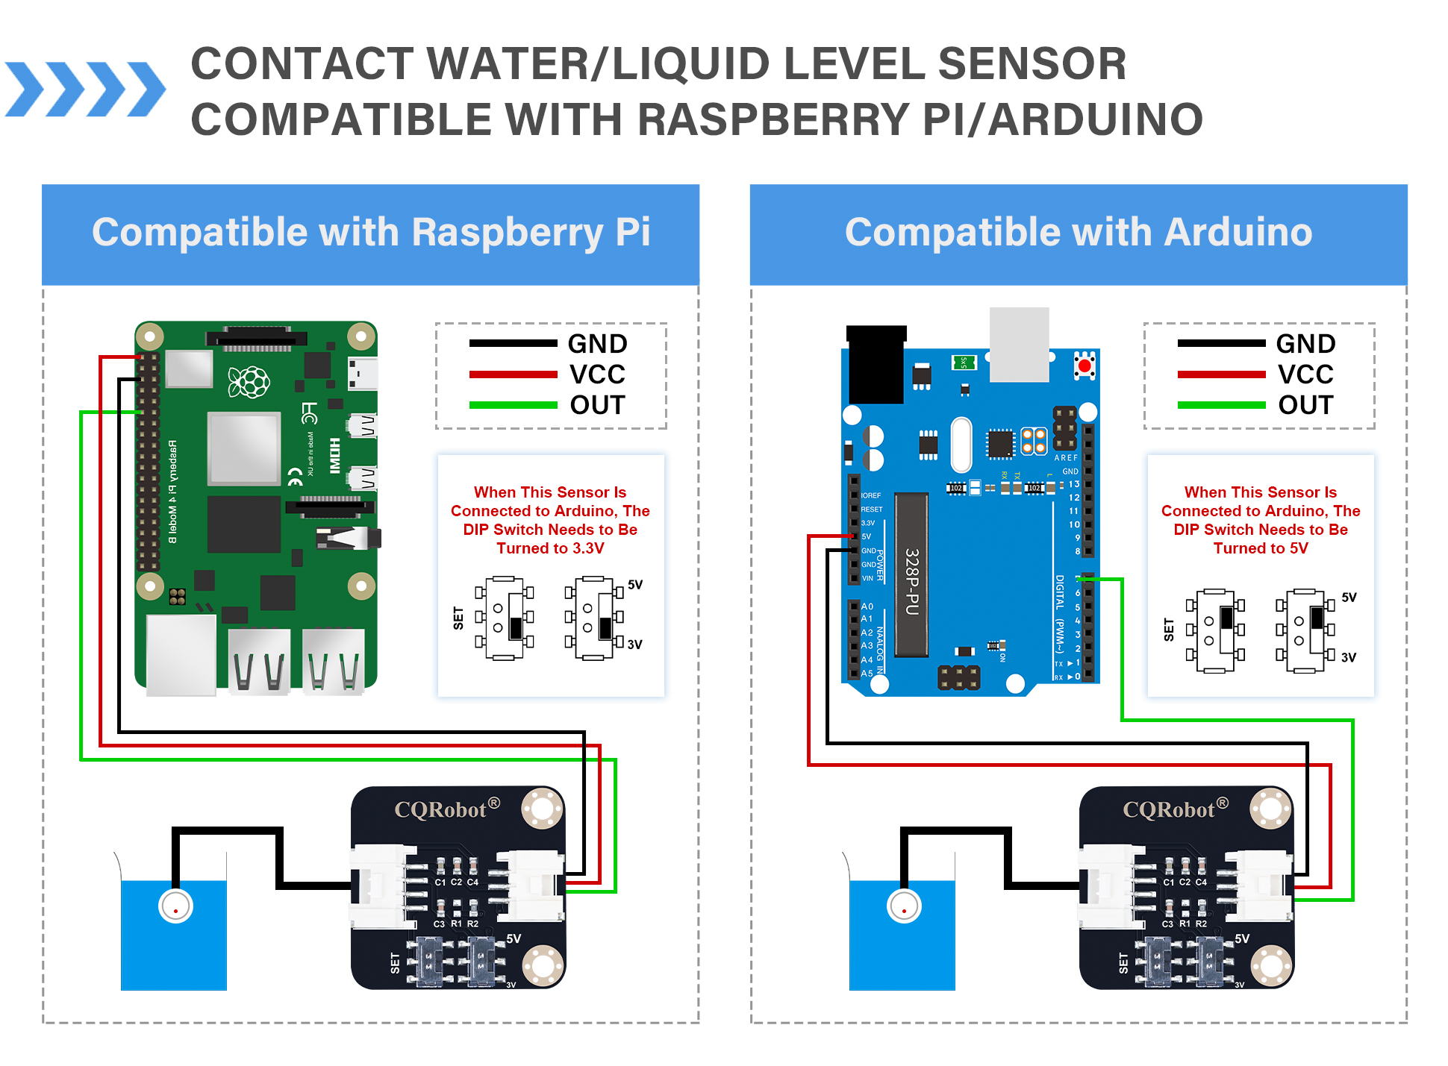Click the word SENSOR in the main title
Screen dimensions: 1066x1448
tap(1032, 64)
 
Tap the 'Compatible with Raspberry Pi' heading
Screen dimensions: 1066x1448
tap(371, 232)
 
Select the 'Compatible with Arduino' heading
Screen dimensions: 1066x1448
tap(1079, 232)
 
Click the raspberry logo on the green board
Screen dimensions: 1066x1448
tap(249, 382)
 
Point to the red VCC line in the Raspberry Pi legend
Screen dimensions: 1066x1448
tap(513, 374)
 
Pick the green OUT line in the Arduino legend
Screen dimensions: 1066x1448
tap(1221, 405)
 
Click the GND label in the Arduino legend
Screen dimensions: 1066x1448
tap(1305, 344)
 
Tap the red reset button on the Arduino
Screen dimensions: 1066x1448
tap(1085, 366)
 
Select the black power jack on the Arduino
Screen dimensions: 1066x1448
tap(876, 364)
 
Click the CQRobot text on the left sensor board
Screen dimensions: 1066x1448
tap(440, 810)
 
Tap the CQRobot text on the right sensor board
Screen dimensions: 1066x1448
tap(1169, 810)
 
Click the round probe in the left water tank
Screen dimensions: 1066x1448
tap(176, 907)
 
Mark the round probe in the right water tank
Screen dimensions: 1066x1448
tap(904, 907)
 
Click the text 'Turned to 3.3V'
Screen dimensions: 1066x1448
tap(550, 548)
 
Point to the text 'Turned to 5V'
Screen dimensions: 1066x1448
tap(1260, 548)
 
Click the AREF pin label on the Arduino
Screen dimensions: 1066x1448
tap(1066, 458)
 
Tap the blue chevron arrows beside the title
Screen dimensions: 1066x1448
tap(85, 90)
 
